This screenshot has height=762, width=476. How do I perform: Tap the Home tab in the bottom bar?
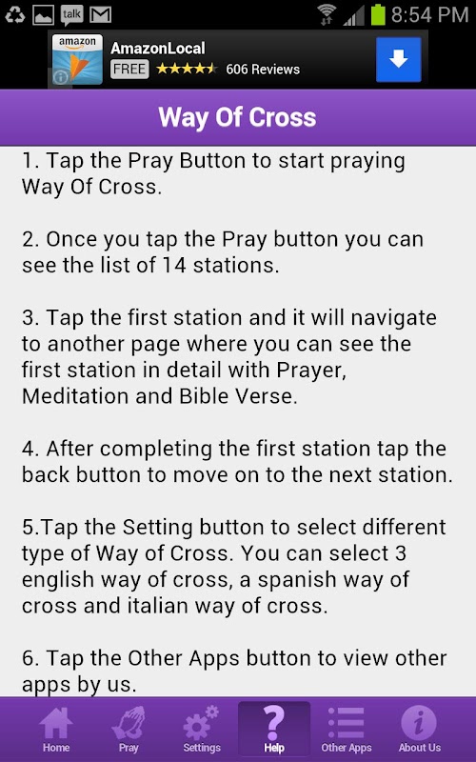(x=56, y=729)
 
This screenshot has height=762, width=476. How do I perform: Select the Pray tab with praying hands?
(x=129, y=729)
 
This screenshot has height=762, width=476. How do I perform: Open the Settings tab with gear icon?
(x=202, y=729)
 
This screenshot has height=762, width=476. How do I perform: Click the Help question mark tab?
(x=274, y=729)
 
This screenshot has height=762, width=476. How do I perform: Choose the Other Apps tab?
(x=347, y=729)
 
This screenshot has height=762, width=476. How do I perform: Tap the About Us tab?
(x=419, y=729)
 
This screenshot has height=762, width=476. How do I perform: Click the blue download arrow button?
(x=398, y=59)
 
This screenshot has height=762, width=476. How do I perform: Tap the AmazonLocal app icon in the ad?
(x=77, y=59)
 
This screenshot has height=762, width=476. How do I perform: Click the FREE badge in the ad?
(x=129, y=69)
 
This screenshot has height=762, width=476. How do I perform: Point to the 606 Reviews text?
(x=263, y=70)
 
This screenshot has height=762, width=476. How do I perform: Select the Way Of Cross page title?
(x=237, y=117)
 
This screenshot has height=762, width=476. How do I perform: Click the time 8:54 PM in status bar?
(x=429, y=15)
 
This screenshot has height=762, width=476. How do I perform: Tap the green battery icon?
(x=378, y=14)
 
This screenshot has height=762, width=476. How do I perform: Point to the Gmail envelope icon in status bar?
(x=101, y=15)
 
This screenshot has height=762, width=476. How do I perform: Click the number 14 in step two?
(x=174, y=266)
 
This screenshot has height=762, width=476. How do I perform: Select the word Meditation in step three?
(x=75, y=396)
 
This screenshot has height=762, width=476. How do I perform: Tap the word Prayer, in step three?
(x=311, y=371)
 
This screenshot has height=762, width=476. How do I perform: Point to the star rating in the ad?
(x=186, y=69)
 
